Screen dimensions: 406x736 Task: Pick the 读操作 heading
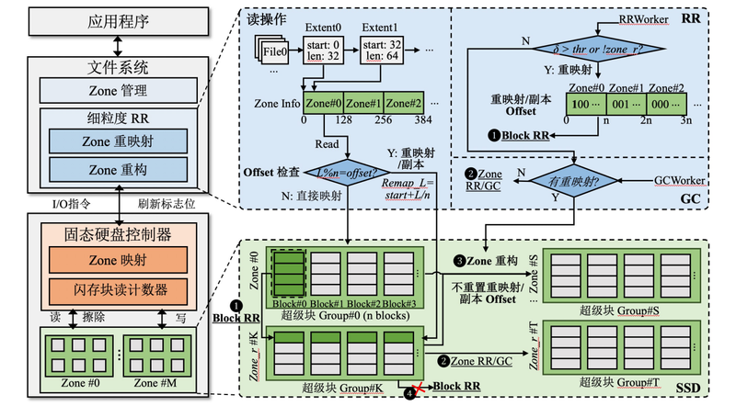[x=262, y=17]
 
